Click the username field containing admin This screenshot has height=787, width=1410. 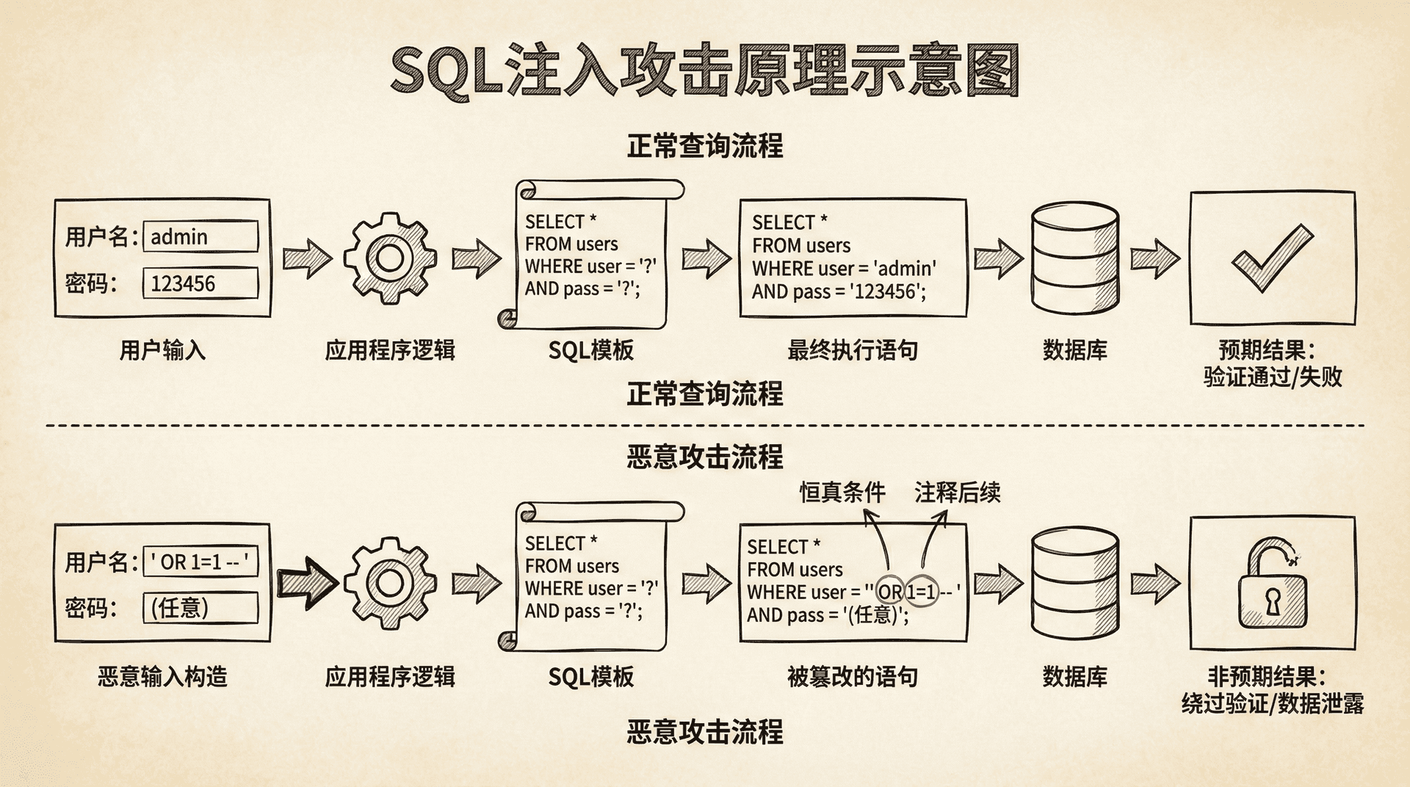[200, 236]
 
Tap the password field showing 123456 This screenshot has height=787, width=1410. [200, 283]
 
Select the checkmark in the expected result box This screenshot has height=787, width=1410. [1272, 258]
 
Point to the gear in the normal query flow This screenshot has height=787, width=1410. [389, 258]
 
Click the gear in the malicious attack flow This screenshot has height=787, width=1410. [389, 584]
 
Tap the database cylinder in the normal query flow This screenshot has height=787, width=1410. [1074, 258]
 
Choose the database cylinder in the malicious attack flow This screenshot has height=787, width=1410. [1074, 584]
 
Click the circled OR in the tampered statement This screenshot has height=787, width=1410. [890, 592]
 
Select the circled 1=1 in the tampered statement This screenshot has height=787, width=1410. [921, 592]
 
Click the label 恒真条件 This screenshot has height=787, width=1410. [842, 493]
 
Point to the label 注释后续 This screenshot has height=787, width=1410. [957, 493]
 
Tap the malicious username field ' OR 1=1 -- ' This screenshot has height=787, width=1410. [200, 562]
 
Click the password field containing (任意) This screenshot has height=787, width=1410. [200, 608]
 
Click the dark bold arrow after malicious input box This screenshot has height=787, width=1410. [306, 584]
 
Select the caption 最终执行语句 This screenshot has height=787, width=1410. [852, 350]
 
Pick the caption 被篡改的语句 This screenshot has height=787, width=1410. [852, 676]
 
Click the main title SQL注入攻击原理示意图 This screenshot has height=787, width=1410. [704, 71]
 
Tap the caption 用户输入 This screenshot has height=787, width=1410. [162, 350]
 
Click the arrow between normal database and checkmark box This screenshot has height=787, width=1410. [1154, 258]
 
